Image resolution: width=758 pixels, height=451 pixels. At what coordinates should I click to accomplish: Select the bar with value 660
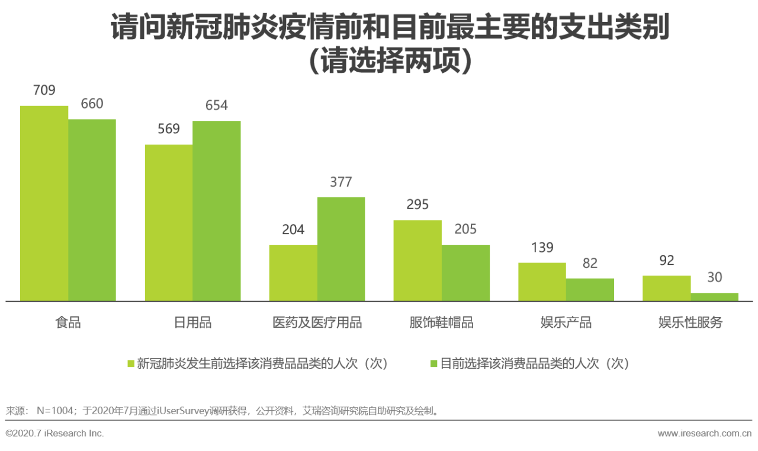[92, 210]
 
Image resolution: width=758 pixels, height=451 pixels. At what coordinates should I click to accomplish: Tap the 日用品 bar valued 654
[217, 211]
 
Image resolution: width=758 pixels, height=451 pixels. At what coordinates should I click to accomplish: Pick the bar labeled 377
[341, 249]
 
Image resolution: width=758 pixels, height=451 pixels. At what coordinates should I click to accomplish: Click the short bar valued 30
[715, 297]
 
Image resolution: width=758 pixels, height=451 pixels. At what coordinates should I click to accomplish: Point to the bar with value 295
[417, 261]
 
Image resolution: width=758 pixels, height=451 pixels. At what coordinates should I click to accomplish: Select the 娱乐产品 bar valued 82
[590, 290]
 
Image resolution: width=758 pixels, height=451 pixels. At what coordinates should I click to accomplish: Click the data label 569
[169, 129]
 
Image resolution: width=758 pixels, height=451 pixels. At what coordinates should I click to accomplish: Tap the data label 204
[293, 230]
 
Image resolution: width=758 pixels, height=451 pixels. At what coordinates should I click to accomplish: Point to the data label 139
[542, 248]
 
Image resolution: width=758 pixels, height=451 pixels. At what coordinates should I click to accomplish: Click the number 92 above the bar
[667, 261]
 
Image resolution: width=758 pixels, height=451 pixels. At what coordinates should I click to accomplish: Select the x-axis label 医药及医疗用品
[317, 323]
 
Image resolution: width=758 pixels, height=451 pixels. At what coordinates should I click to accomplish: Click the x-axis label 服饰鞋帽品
[442, 323]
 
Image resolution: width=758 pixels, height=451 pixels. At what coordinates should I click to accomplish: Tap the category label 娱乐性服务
[690, 323]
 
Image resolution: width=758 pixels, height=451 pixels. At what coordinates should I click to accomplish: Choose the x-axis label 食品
[68, 323]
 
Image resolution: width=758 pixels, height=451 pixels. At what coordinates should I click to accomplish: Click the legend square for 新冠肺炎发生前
[131, 363]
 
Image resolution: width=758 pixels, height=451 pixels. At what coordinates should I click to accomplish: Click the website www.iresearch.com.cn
[705, 433]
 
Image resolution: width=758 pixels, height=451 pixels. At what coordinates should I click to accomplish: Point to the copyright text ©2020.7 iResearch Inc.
[54, 433]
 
